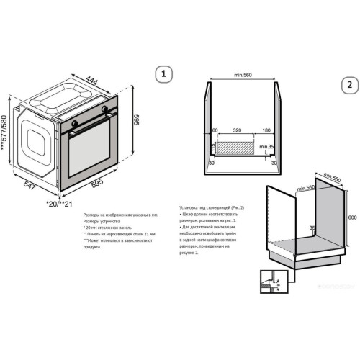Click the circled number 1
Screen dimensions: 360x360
(164, 74)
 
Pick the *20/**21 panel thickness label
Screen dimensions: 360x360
(59, 204)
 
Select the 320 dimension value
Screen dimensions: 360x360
(237, 132)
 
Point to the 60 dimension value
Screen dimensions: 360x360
(215, 132)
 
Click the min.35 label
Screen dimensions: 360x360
(267, 147)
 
